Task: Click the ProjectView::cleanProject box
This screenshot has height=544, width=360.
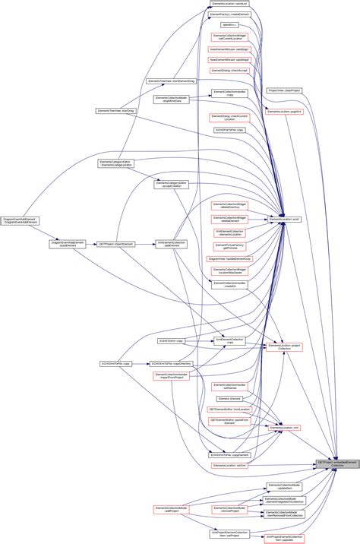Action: pos(285,90)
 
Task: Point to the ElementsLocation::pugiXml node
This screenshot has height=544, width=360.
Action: pos(285,111)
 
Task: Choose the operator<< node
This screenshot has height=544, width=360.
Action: pos(227,25)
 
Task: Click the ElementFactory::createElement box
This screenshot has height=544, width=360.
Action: pos(229,14)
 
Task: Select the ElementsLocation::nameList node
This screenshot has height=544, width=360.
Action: pos(229,4)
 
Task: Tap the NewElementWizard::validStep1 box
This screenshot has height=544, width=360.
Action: pos(229,49)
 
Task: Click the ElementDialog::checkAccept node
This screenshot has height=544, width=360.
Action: pos(229,70)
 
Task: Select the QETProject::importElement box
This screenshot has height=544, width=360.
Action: pos(116,244)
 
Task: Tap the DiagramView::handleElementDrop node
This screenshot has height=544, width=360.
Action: pos(229,258)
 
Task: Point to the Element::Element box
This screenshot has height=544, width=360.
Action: pos(229,398)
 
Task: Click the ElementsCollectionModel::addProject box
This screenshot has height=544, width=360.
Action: pos(171,509)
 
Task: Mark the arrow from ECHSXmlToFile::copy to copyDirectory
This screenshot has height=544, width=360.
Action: pos(140,364)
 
